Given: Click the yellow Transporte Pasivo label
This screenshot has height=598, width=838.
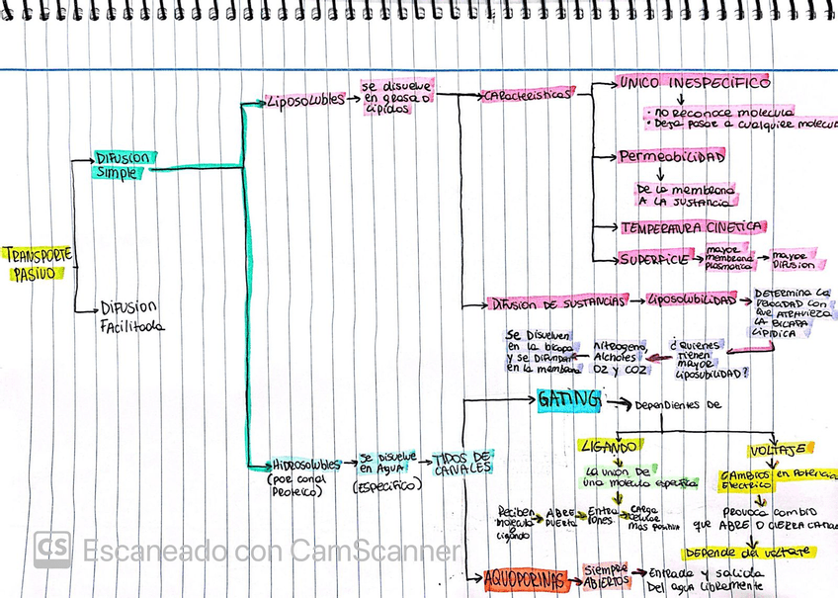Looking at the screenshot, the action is pos(37,264).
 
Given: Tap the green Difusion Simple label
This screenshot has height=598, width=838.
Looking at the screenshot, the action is pos(122,165).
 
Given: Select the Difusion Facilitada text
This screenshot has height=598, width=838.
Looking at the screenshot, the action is pos(130,316).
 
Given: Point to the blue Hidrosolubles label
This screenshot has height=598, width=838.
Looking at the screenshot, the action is pos(306,465).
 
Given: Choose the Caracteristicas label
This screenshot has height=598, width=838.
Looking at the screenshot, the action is pos(526,96).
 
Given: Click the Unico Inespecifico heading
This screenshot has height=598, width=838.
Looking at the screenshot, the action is pos(693,83).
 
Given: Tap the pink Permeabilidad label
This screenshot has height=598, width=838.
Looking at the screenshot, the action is pos(672,156).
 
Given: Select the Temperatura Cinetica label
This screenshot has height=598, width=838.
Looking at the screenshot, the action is pos(691,226).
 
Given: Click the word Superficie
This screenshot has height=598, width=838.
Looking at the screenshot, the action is pos(653,259).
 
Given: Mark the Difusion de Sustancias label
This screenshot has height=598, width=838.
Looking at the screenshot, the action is pos(559,302).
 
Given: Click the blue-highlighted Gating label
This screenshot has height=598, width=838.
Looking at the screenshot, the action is pos(569,400).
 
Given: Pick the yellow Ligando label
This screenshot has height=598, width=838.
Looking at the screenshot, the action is pos(612,446).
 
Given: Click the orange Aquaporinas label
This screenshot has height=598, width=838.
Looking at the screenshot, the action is pos(526,579).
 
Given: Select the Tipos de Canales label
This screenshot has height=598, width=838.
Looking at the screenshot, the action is pos(461,462).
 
